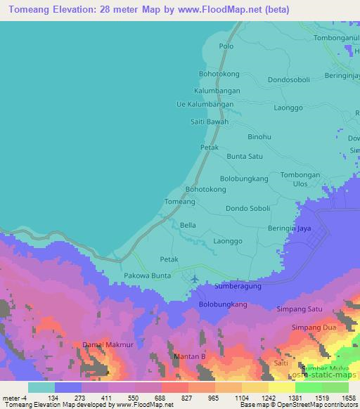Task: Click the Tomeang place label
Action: coord(179,202)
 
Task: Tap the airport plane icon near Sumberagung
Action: coord(193,280)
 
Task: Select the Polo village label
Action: coord(226,46)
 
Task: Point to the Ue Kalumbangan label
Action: coord(204,104)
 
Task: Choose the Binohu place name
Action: coord(259,137)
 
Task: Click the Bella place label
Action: coord(188,225)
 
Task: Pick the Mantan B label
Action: coord(188,358)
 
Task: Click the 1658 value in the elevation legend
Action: coord(348,397)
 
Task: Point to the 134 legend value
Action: coord(53,397)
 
